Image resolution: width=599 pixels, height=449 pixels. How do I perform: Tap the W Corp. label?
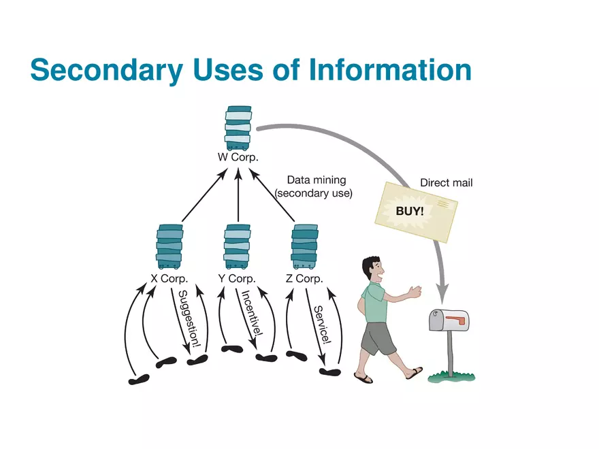point(238,157)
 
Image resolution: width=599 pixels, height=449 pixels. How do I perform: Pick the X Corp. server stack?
point(169,247)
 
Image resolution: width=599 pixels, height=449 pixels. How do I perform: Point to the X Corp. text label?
point(169,279)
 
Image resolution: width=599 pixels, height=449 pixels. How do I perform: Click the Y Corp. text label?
point(237,279)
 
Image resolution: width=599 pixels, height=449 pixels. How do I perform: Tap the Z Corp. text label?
point(304,279)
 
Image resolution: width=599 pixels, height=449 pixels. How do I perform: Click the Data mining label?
point(316,180)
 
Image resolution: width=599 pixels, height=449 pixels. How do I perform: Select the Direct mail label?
point(446,183)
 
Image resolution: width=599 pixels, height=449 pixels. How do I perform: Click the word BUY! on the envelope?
point(410,211)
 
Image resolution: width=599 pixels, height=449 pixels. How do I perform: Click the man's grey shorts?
point(378,338)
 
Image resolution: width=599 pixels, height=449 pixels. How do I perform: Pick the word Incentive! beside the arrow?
point(250,314)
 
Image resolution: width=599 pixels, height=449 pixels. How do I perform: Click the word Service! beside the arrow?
point(321,324)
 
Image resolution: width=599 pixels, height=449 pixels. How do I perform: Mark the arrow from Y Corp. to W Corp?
point(238,197)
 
